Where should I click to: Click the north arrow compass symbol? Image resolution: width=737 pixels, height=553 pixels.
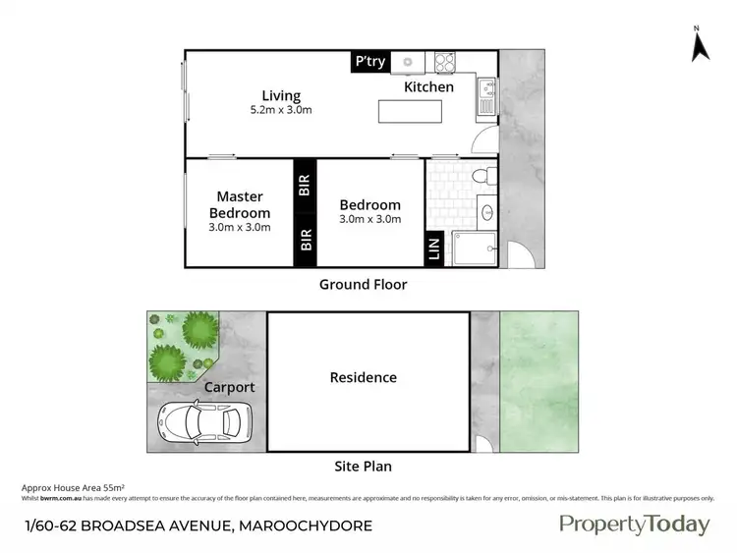coord(699,43)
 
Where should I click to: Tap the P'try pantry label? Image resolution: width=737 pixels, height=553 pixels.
coord(370,62)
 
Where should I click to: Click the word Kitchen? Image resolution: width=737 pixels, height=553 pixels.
coord(429,87)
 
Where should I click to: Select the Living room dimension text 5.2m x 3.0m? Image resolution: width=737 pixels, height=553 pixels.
coord(280,110)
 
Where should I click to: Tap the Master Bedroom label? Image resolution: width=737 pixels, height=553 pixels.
coord(240,204)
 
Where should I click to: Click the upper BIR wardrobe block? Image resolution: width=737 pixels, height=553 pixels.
coord(305,185)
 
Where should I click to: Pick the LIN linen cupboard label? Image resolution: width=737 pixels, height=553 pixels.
coord(434,249)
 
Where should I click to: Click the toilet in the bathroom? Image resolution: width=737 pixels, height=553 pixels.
coord(479,177)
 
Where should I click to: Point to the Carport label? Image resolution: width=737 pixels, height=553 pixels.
coord(229,387)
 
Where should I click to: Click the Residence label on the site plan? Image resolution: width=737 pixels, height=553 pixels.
coord(363,377)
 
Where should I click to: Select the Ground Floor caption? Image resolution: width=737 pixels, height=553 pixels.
coord(363,285)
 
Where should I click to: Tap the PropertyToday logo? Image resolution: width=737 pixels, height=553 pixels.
coord(634,524)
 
